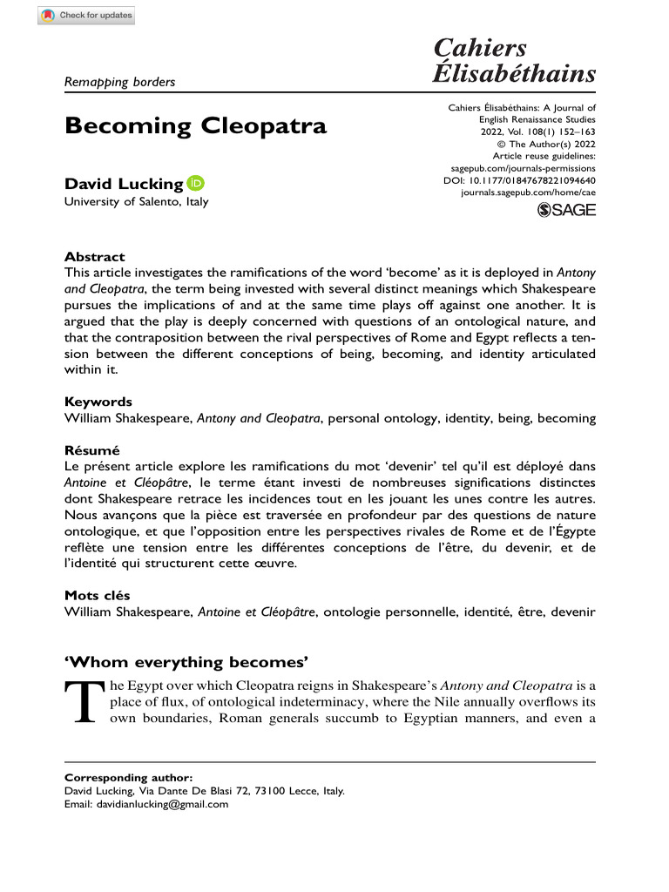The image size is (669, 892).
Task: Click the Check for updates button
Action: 86,16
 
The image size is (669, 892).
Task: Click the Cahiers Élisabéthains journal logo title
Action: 514,60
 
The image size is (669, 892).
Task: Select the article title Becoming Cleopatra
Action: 196,125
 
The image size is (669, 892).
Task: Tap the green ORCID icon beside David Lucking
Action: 196,184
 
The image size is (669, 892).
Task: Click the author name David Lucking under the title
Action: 125,184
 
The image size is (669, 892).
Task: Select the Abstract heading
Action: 95,257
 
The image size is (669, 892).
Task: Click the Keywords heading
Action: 98,402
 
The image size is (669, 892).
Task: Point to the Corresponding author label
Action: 129,776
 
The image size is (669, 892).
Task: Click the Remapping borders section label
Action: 120,82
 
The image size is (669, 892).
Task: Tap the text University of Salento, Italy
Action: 137,202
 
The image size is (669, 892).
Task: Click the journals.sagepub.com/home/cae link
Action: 528,193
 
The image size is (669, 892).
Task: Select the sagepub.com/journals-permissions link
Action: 523,168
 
